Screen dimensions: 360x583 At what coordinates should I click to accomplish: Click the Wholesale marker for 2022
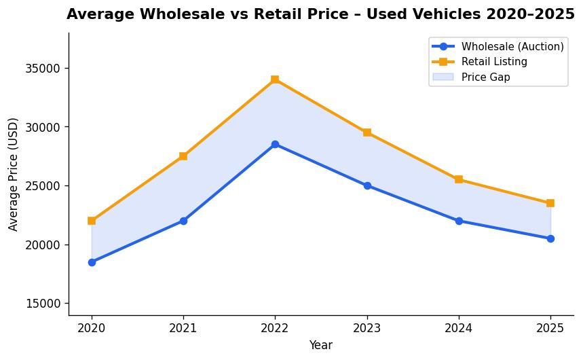(x=275, y=145)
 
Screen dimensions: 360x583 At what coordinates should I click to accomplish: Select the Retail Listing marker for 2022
(x=275, y=79)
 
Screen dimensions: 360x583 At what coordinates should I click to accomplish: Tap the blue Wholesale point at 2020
(x=92, y=262)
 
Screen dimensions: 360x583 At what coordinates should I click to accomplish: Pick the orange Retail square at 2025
(x=550, y=203)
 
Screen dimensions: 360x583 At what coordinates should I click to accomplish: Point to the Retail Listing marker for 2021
(x=183, y=156)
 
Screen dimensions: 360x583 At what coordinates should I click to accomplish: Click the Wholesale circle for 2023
(x=367, y=185)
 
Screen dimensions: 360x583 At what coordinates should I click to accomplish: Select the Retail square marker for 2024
(x=459, y=179)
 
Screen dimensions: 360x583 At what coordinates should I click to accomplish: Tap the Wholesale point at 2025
(x=550, y=238)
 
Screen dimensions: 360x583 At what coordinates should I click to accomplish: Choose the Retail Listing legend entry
(x=493, y=62)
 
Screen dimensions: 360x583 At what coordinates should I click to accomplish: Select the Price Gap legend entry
(x=485, y=77)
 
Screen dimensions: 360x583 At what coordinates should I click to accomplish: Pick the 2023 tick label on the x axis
(x=367, y=328)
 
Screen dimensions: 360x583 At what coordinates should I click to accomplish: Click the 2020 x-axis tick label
(x=92, y=328)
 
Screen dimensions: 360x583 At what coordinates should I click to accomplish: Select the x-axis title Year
(x=321, y=346)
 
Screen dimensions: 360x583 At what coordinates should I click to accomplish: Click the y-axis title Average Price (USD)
(x=14, y=174)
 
